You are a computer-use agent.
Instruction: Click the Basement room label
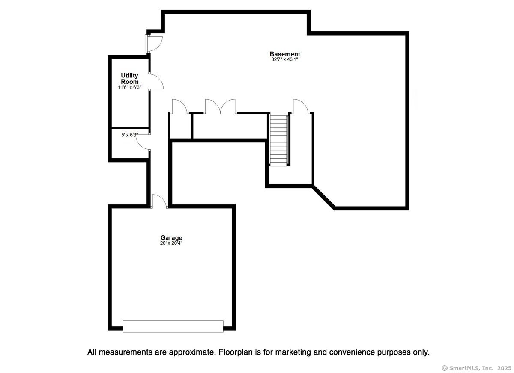[285, 54]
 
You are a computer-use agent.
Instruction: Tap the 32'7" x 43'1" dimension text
[284, 59]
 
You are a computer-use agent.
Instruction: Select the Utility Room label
[130, 78]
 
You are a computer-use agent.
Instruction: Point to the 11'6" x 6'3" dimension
[129, 87]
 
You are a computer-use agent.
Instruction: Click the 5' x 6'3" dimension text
[130, 135]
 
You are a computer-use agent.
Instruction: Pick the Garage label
[171, 237]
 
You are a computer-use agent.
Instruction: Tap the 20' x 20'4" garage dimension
[171, 243]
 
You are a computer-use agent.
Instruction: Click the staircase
[278, 139]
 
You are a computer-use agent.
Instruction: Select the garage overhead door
[173, 326]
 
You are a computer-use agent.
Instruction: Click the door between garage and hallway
[159, 201]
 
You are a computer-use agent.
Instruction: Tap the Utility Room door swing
[156, 81]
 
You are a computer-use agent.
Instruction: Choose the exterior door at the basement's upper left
[154, 44]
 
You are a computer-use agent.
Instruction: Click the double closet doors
[220, 106]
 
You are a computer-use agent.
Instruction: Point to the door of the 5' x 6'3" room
[143, 142]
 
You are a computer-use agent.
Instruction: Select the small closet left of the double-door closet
[181, 126]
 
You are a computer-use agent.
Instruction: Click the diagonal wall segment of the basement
[323, 198]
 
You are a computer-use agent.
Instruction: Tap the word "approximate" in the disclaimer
[185, 352]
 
